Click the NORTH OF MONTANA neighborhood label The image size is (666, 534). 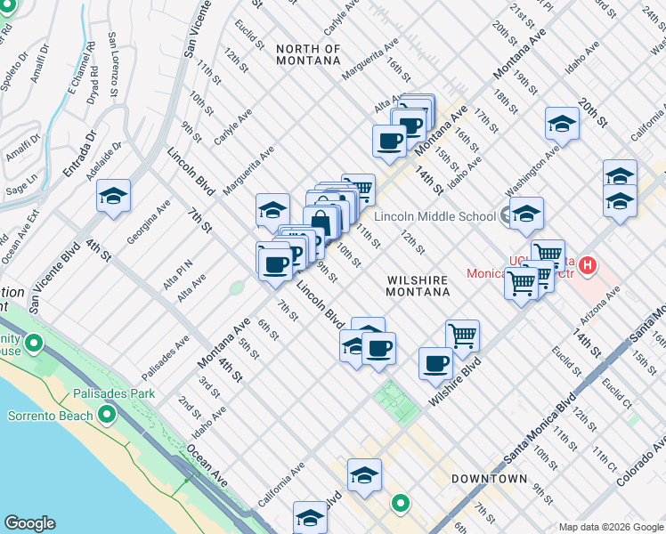tap(308, 54)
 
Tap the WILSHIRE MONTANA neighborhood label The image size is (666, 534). tap(418, 285)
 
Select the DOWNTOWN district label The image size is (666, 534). tap(489, 479)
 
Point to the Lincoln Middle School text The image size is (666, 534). tap(435, 216)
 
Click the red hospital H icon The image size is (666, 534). tap(587, 264)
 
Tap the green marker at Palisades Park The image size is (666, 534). tap(36, 343)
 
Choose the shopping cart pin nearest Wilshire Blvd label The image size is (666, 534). tap(462, 336)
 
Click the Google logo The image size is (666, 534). tap(29, 523)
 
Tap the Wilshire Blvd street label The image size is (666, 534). tap(455, 382)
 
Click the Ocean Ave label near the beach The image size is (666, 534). tap(207, 466)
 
